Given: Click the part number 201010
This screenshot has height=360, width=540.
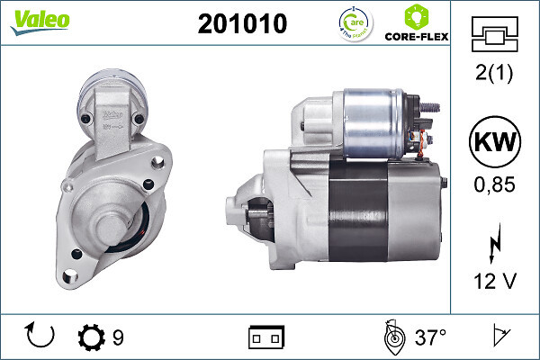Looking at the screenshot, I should [242, 25].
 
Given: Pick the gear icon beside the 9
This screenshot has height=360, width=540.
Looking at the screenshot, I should [92, 338].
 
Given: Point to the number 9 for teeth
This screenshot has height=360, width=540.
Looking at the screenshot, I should [119, 338].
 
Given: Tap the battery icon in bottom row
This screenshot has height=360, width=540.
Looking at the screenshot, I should [266, 338].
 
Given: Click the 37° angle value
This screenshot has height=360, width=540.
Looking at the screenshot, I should [431, 338].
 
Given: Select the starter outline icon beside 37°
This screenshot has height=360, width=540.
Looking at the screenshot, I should [393, 337].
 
